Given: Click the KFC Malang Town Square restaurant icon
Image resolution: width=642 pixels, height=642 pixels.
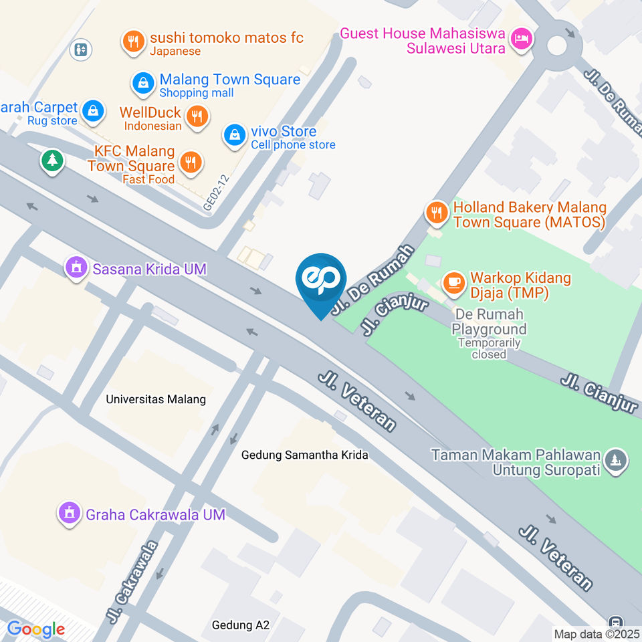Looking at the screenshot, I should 191,161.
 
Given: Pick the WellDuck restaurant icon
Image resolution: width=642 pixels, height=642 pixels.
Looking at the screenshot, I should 197,116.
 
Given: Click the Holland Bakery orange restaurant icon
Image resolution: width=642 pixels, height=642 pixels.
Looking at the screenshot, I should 436,213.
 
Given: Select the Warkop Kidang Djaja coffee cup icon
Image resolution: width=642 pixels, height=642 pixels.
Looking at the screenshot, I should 455,282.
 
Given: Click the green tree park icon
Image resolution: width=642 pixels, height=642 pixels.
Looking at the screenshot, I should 52,160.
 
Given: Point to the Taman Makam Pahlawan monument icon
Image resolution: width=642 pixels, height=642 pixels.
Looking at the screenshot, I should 615,460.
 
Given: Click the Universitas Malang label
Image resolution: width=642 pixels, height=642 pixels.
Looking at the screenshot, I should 156,400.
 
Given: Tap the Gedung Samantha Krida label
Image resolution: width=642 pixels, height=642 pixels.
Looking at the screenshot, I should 305,455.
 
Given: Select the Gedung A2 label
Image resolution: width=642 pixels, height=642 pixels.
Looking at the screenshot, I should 240,625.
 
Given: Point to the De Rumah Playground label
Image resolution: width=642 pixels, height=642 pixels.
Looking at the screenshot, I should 489,321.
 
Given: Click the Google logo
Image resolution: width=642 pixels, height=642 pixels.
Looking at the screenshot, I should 36,629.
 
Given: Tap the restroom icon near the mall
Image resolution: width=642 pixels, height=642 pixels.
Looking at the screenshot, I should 81,49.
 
